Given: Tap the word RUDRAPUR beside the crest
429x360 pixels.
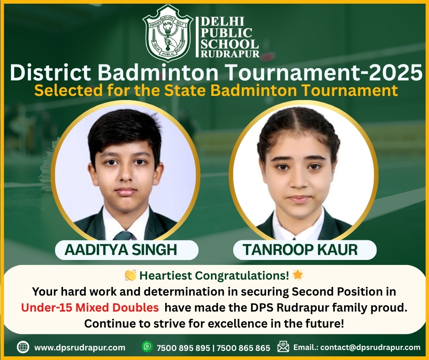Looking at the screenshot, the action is (230, 54).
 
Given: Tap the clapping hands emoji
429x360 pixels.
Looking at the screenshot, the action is (130, 275).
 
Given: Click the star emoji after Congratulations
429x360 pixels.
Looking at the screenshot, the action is (298, 275).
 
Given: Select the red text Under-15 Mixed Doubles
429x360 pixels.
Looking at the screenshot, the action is (90, 307).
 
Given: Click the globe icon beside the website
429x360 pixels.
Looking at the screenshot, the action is (23, 347).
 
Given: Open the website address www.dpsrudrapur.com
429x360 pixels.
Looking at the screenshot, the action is (79, 347).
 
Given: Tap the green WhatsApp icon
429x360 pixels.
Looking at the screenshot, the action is (147, 347).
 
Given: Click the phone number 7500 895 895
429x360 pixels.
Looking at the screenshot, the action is (183, 348).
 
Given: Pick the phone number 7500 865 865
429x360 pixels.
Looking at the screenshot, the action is (244, 348).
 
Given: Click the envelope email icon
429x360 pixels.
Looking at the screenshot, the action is (283, 347).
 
